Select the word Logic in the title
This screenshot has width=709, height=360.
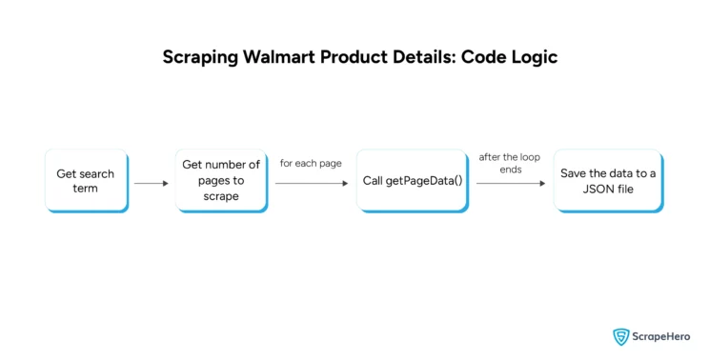[x=532, y=57]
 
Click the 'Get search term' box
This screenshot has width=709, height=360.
[x=85, y=180]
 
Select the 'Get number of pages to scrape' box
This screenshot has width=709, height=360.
[x=221, y=180]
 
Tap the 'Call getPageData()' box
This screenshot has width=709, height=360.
[x=412, y=180]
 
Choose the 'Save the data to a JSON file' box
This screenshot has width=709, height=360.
[x=608, y=180]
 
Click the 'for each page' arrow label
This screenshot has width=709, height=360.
[x=311, y=163]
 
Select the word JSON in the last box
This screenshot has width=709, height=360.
[x=588, y=189]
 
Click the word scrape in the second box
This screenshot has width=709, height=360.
[x=220, y=196]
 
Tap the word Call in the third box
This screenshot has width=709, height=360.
[x=374, y=180]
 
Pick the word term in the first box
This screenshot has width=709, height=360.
[x=85, y=189]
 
